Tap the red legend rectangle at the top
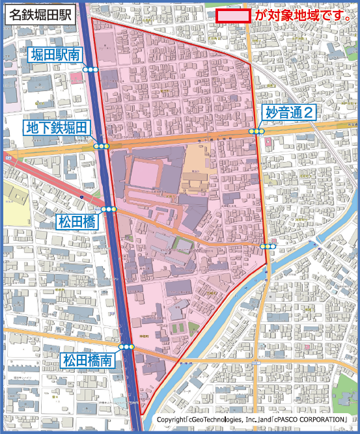click(x=233, y=16)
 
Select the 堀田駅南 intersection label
click(x=55, y=55)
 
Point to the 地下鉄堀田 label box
click(x=55, y=128)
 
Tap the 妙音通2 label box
click(x=289, y=113)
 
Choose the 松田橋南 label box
click(x=89, y=360)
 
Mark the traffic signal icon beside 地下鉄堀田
click(x=101, y=146)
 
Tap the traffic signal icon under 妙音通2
click(x=258, y=131)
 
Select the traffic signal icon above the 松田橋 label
click(x=109, y=209)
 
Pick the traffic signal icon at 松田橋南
click(x=126, y=347)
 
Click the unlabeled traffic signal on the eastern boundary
click(x=268, y=246)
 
